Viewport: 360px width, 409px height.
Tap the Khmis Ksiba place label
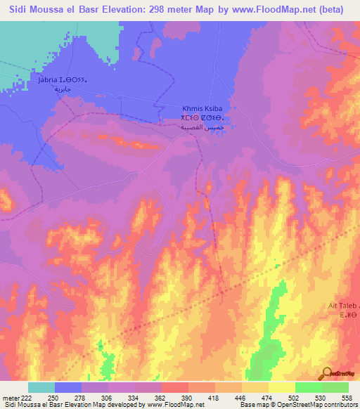(202, 110)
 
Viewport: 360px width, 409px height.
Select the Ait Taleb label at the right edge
(344, 306)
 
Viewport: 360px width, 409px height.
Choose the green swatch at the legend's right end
(335, 387)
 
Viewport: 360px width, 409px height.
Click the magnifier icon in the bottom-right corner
(328, 373)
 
